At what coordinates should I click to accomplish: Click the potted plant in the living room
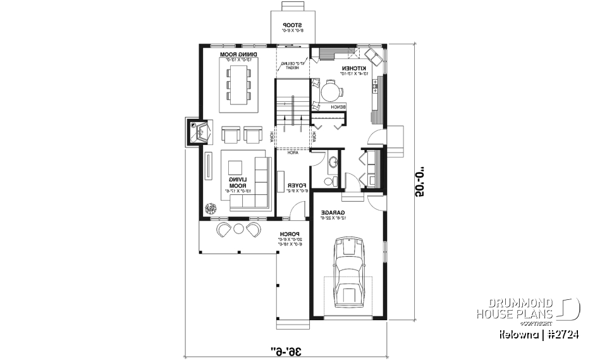click(210, 208)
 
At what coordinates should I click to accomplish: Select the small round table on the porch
click(239, 228)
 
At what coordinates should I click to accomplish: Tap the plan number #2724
click(564, 333)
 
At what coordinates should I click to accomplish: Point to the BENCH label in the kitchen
click(346, 108)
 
